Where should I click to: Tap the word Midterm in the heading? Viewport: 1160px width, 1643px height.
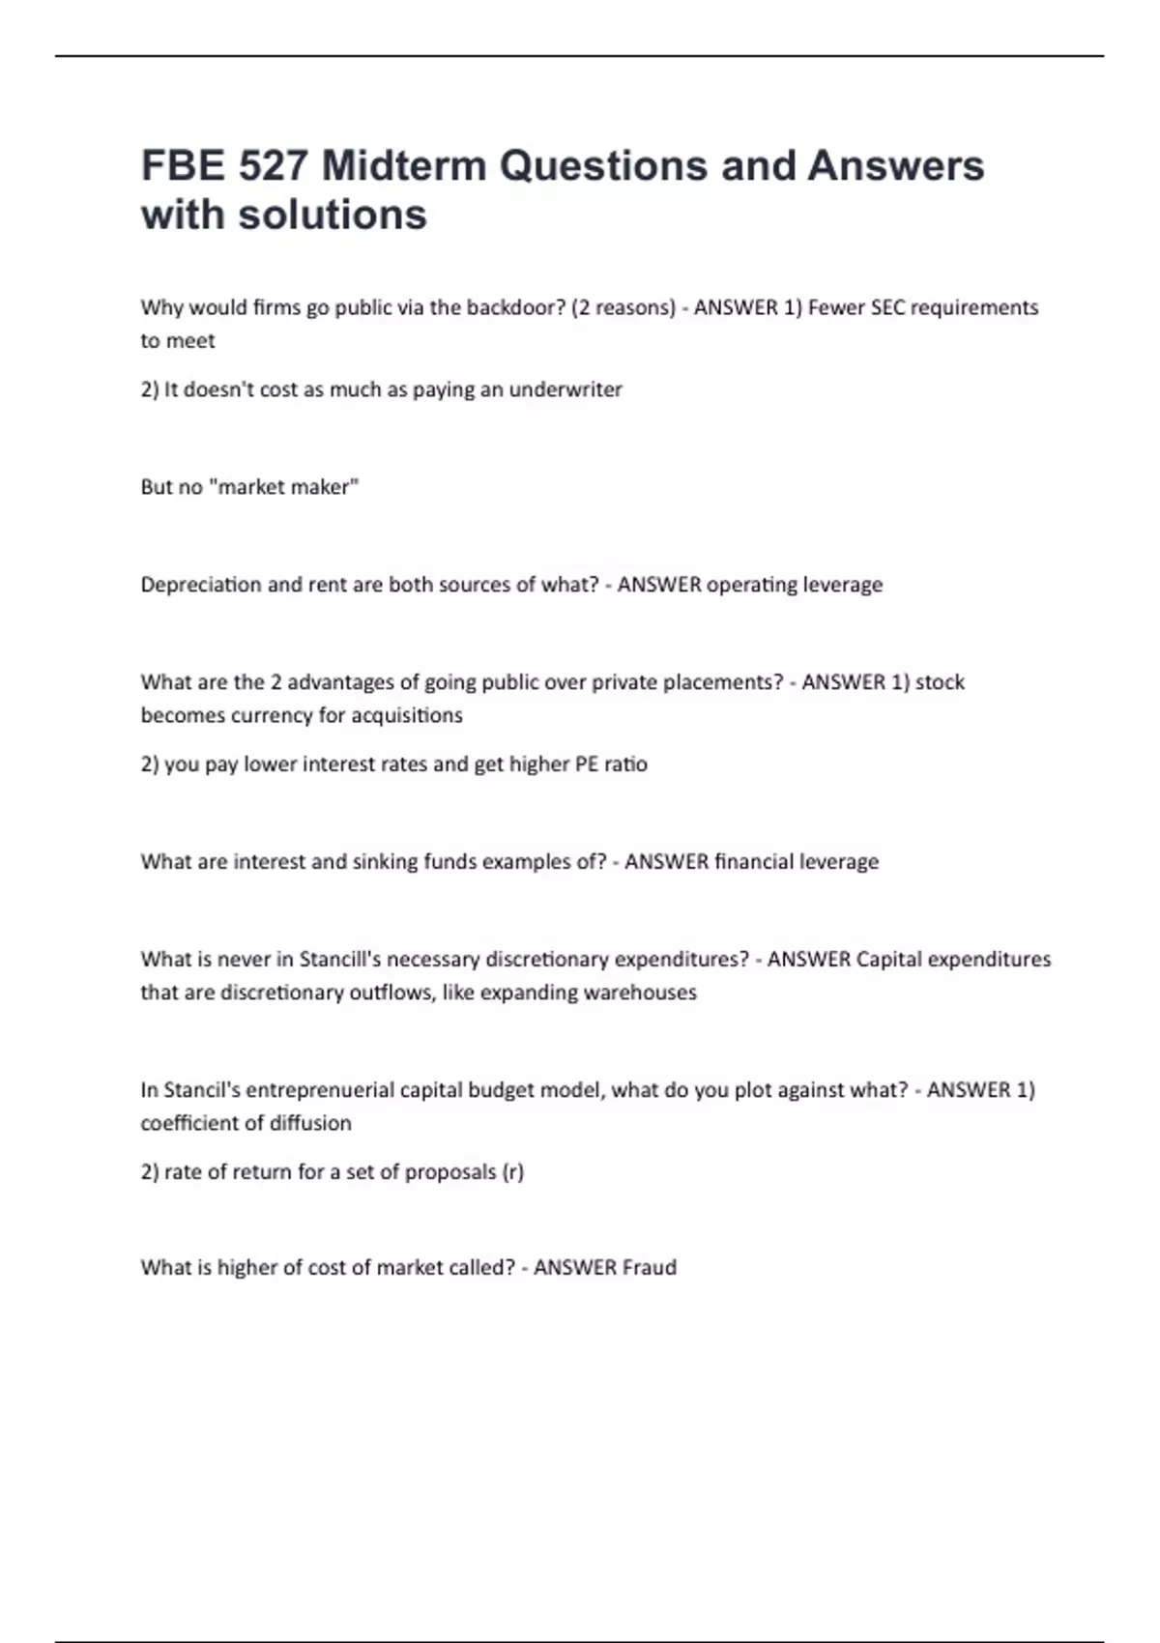[404, 166]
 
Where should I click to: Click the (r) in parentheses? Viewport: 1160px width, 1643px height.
[512, 1172]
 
